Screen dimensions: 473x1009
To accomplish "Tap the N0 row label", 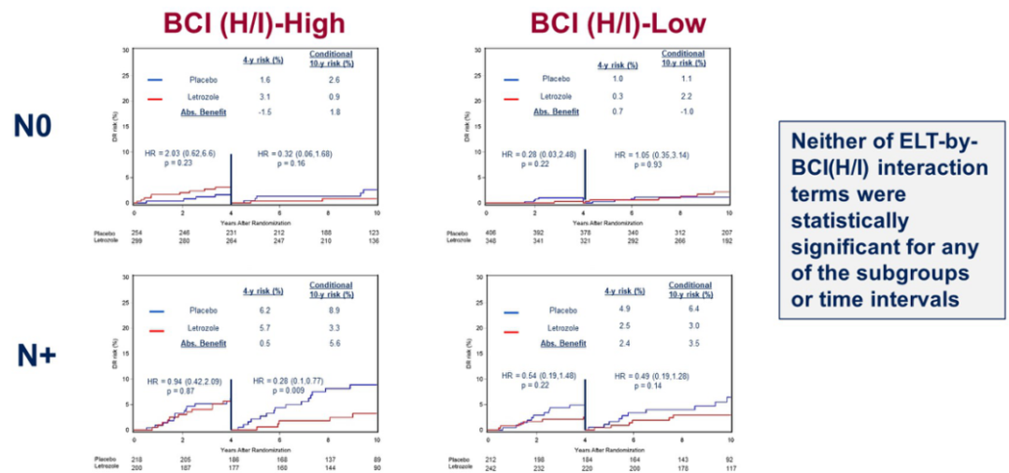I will pyautogui.click(x=37, y=127).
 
